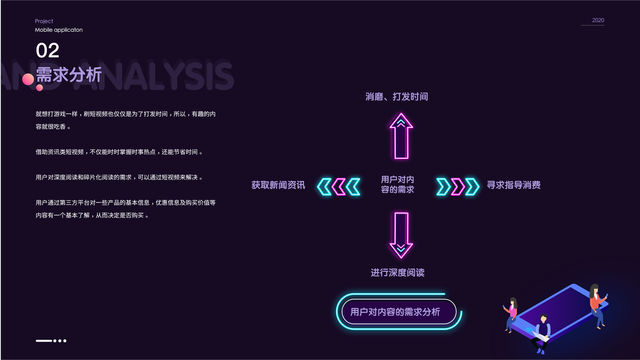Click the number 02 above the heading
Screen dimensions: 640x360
tap(47, 50)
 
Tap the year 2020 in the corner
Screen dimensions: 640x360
tap(598, 20)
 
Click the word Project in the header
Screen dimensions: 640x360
tap(44, 21)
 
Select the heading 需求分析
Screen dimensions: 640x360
tap(69, 75)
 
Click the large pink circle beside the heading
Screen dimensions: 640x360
tap(28, 79)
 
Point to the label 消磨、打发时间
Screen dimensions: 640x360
tap(396, 97)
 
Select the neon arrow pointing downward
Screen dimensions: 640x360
tap(401, 235)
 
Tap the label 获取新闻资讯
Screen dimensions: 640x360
tap(278, 185)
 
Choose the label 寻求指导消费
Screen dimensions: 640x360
tap(513, 185)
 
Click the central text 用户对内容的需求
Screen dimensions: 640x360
tap(397, 184)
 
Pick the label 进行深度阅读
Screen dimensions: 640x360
tap(397, 273)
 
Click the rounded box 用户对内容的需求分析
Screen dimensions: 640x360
tap(395, 312)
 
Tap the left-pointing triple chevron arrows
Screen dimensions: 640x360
tap(339, 187)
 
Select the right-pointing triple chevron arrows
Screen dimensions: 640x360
tap(458, 187)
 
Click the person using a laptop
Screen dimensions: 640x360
tap(542, 332)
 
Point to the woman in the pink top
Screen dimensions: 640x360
tap(512, 313)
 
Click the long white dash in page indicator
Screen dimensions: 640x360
tap(44, 341)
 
